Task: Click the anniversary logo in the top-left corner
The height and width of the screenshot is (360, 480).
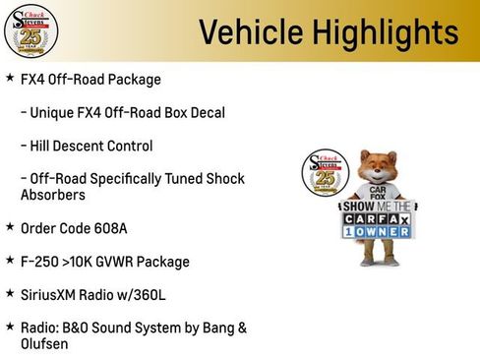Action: (x=30, y=30)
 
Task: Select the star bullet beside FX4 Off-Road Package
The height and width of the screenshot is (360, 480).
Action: (x=10, y=78)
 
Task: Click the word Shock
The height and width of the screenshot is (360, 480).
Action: (x=223, y=178)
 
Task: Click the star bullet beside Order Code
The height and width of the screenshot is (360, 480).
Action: (x=10, y=227)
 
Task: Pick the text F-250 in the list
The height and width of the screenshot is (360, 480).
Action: (x=40, y=262)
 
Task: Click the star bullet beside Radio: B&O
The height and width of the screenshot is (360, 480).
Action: (x=10, y=326)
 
